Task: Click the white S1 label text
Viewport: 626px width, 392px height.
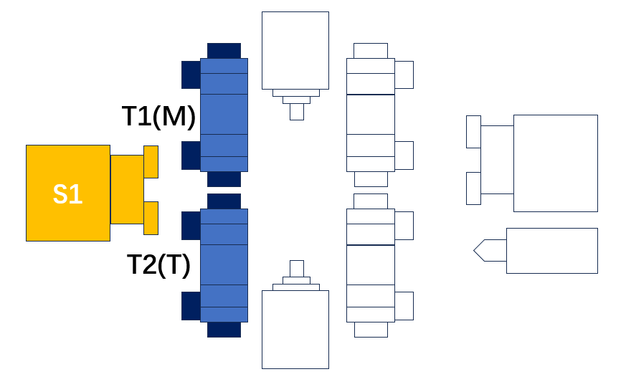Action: tap(68, 194)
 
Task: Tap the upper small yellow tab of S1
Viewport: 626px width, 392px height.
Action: tap(151, 162)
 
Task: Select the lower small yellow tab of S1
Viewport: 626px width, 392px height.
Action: tap(151, 218)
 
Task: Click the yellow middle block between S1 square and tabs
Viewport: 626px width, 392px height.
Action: tap(127, 190)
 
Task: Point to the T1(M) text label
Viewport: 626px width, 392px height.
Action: tap(158, 116)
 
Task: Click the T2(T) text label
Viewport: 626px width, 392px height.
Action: tap(158, 264)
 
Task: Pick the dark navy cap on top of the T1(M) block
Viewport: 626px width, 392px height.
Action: tap(224, 51)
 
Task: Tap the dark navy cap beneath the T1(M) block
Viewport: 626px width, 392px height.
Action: tap(224, 179)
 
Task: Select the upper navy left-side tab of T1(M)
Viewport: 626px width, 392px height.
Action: tap(191, 75)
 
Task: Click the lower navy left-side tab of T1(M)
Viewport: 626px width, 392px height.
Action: tap(191, 156)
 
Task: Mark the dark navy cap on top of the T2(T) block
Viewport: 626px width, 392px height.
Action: tap(224, 201)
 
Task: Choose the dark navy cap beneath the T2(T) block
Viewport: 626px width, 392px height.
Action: tap(224, 330)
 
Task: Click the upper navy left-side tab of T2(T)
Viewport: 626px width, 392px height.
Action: tap(191, 226)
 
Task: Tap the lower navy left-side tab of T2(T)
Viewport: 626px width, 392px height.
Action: tap(191, 306)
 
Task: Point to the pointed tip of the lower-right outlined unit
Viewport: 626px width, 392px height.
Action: tap(474, 251)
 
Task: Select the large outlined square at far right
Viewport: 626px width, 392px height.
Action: tap(555, 163)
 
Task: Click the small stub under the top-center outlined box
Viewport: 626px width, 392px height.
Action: tap(297, 112)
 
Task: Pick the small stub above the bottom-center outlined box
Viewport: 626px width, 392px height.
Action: tap(297, 269)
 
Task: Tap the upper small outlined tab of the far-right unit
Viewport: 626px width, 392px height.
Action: tap(473, 132)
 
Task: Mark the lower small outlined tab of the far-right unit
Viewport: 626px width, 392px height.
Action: tap(473, 188)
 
